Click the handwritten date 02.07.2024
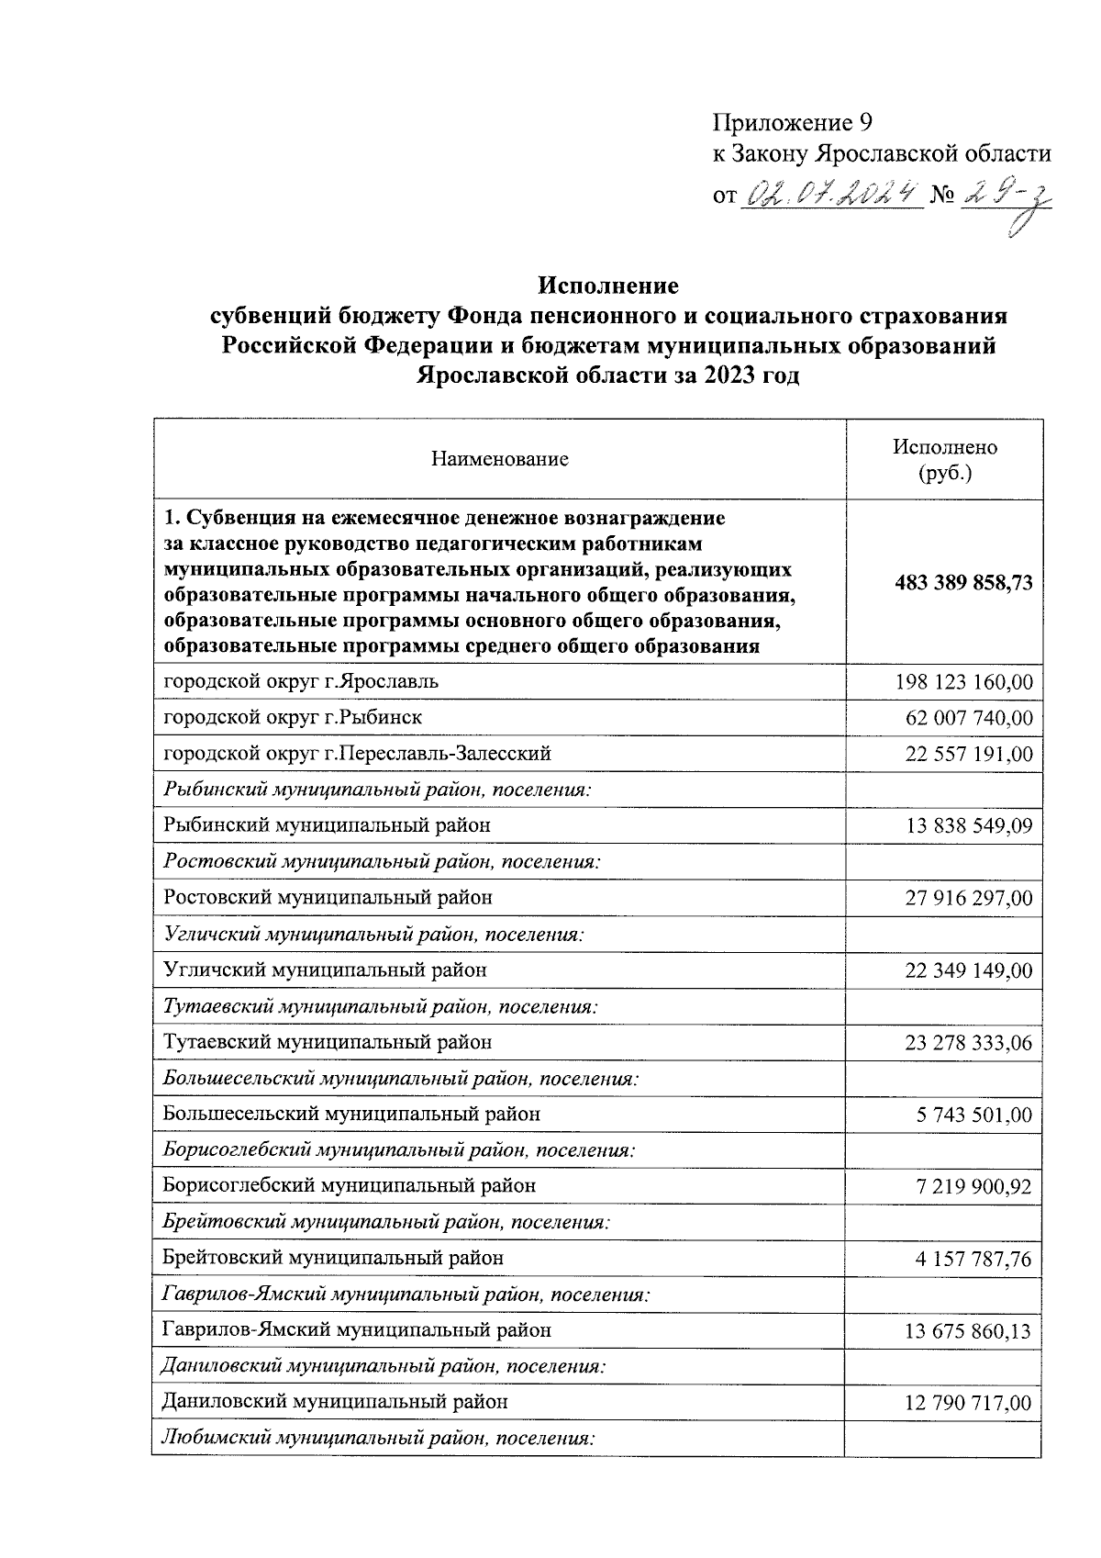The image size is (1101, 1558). [835, 194]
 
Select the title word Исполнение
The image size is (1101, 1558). [608, 286]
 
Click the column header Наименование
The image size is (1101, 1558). [500, 459]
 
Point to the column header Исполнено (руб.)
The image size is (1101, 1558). [944, 460]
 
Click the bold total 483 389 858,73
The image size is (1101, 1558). [962, 583]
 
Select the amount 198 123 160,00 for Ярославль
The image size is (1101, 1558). [962, 682]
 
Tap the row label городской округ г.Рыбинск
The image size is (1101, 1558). [293, 717]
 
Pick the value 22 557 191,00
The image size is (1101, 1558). [968, 755]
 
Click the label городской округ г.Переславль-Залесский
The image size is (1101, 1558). [357, 754]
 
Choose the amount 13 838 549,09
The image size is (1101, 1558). [968, 826]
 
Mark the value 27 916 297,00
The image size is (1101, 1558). [968, 898]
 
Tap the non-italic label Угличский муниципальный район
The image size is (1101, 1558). [325, 970]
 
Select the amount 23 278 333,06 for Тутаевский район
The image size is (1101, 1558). [968, 1043]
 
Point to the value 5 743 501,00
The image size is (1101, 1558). [973, 1115]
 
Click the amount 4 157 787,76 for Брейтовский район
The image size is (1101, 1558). [973, 1259]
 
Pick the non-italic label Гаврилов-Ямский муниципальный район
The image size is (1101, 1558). [357, 1329]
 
